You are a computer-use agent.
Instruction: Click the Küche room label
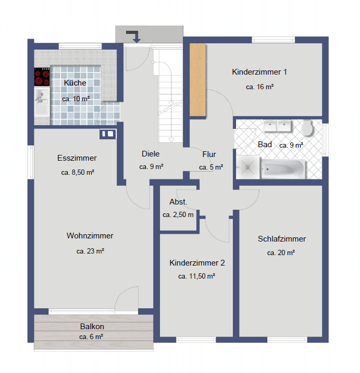pos(75,83)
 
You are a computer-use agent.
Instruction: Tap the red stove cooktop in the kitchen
pos(42,77)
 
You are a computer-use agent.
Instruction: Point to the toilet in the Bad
pos(307,128)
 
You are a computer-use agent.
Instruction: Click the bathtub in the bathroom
pos(283,169)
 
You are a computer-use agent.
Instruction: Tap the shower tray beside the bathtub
pos(248,167)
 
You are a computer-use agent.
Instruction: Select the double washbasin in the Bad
pos(277,126)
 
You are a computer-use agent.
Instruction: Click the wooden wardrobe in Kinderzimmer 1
pos(197,80)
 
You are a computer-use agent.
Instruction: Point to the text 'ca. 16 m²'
pos(260,87)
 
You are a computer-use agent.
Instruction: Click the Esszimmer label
pos(77,158)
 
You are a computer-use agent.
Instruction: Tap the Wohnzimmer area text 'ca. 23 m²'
pos(90,251)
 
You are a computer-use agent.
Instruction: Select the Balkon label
pos(92,327)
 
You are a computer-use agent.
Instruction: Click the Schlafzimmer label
pos(282,238)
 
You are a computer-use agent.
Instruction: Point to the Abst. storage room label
pos(178,202)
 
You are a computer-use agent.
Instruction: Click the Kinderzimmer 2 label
pos(197,262)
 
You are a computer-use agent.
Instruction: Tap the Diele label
pos(151,154)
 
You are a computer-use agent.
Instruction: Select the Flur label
pos(209,154)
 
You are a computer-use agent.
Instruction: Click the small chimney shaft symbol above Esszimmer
pos(108,134)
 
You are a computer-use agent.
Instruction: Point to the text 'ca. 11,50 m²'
pos(196,276)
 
